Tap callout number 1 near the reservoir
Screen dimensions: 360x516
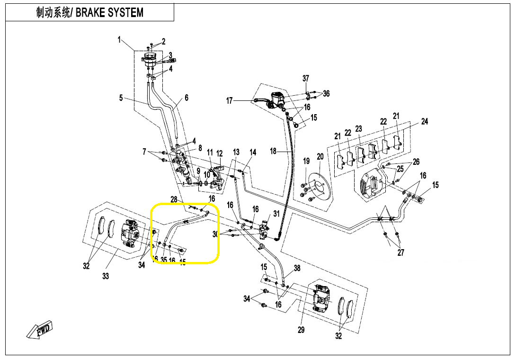coord(120,40)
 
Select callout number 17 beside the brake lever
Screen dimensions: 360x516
coord(230,100)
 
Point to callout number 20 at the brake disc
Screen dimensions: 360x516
coord(320,157)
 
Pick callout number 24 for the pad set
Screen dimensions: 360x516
coord(424,122)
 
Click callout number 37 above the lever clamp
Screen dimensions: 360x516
coord(306,78)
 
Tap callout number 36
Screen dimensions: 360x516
coord(326,94)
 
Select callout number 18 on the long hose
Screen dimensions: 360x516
coord(273,151)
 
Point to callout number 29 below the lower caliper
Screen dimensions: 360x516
coord(301,330)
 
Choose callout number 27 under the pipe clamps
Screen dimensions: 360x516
coord(401,252)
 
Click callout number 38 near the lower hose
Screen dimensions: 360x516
coord(297,269)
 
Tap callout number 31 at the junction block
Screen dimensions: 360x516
coord(276,213)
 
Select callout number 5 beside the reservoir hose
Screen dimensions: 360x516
coord(121,98)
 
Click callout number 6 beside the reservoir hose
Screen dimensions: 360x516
coord(187,98)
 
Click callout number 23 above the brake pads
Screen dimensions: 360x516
coord(358,128)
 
